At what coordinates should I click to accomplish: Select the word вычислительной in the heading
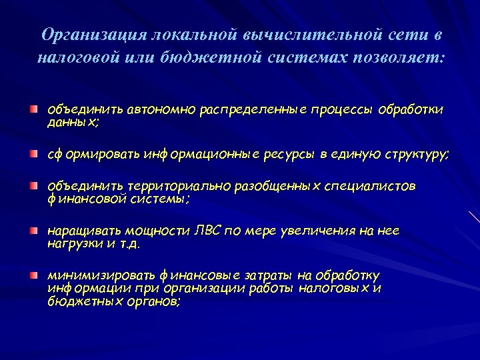click(296, 35)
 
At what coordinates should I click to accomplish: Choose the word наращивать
click(77, 231)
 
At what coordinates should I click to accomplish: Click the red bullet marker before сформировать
click(33, 154)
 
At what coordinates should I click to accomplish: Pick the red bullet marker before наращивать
click(33, 231)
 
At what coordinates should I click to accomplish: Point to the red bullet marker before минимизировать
click(33, 275)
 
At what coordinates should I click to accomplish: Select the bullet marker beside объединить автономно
click(33, 108)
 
